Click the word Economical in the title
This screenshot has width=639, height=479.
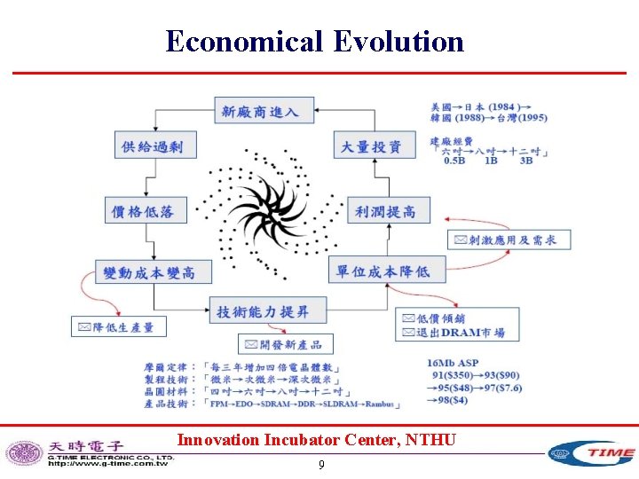pos(245,41)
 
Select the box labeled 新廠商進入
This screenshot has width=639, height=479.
pos(259,111)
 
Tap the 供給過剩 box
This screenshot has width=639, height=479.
pos(153,146)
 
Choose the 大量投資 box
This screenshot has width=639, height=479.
pos(371,146)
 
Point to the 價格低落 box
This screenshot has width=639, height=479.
pos(142,211)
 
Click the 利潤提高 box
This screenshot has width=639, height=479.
pos(384,211)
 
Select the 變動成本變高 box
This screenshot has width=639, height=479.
pos(149,272)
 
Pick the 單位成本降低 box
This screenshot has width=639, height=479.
pos(383,271)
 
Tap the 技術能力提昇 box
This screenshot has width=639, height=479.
pos(269,310)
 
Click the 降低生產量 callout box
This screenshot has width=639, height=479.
pos(117,327)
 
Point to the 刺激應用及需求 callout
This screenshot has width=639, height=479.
pos(509,239)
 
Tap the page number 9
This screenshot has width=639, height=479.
pos(320,465)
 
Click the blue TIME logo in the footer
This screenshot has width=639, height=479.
pos(590,453)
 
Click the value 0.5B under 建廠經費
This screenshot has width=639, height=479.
pos(456,161)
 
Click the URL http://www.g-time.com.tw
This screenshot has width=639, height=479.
pos(108,463)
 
